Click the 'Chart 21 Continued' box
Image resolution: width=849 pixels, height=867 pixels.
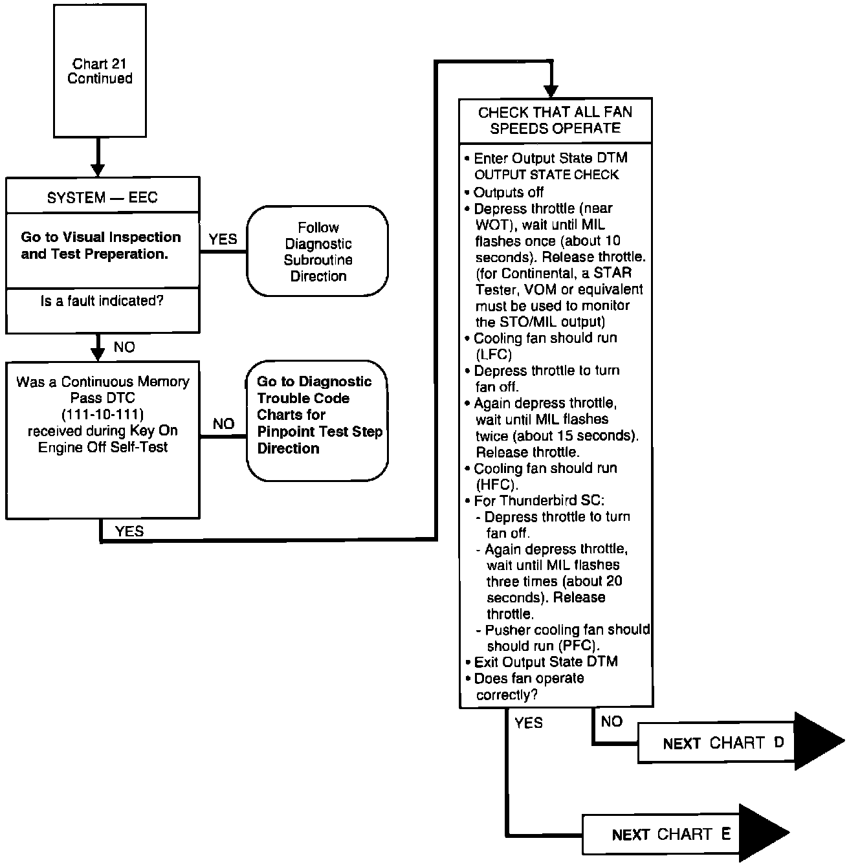click(x=99, y=71)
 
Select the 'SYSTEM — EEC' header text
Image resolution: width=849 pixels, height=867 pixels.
click(x=102, y=197)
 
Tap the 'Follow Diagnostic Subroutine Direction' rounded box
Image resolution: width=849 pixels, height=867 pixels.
click(x=318, y=251)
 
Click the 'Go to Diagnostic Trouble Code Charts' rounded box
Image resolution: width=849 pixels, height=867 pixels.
click(x=318, y=415)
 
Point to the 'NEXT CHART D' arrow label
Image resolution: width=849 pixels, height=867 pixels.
click(x=723, y=743)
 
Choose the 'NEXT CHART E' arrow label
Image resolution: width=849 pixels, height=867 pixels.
click(x=670, y=834)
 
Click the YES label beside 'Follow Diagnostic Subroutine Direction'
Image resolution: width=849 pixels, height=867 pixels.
click(x=223, y=239)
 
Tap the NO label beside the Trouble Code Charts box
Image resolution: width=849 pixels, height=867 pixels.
click(x=223, y=424)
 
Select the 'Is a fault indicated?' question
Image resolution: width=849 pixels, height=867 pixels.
click(x=102, y=301)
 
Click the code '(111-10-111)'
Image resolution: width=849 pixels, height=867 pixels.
click(x=103, y=414)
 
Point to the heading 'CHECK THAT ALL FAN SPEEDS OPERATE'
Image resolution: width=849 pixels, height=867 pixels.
click(x=555, y=120)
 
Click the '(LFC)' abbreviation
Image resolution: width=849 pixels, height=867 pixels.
click(x=493, y=355)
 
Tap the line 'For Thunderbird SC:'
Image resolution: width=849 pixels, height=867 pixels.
click(x=538, y=501)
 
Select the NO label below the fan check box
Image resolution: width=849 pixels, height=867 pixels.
click(x=612, y=721)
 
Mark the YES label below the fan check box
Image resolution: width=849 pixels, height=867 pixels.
click(x=529, y=723)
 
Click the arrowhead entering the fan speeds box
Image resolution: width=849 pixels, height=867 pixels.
click(x=551, y=91)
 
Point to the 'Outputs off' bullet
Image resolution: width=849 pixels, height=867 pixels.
click(x=508, y=192)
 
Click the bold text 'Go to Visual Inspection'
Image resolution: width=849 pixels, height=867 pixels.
click(x=101, y=237)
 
